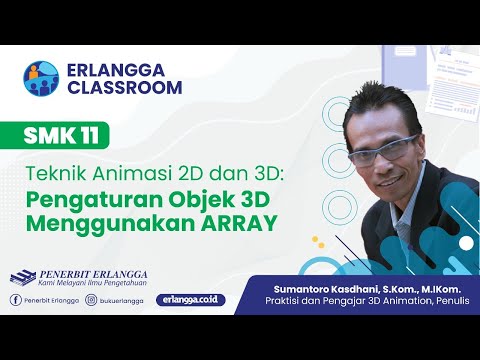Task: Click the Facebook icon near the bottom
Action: (16, 299)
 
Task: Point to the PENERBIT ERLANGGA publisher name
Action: (93, 272)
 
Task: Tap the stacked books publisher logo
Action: (22, 277)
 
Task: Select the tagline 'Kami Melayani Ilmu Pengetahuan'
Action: (93, 284)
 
